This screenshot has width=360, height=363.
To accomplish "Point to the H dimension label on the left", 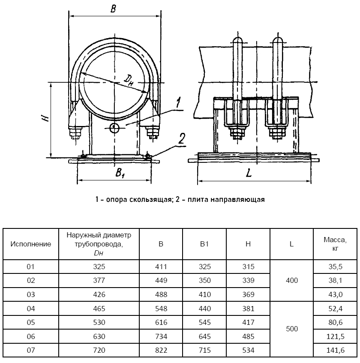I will [x=45, y=117].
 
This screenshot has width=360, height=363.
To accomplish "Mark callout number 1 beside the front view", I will [x=177, y=103].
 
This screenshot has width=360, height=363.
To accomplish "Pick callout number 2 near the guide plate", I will [x=182, y=138].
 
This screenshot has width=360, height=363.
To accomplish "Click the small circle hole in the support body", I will [x=114, y=127].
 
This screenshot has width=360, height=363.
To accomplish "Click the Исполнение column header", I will [x=30, y=244].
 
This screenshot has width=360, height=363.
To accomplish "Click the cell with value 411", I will [x=161, y=267].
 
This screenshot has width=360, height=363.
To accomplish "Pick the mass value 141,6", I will [x=335, y=351].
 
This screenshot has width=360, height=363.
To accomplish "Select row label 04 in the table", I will [x=30, y=309].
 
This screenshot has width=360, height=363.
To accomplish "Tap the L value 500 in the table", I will [x=291, y=330].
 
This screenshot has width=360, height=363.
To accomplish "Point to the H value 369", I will [x=248, y=295].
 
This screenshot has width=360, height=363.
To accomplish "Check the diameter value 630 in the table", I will [x=99, y=336].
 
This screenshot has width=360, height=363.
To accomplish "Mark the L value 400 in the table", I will [x=291, y=281].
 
